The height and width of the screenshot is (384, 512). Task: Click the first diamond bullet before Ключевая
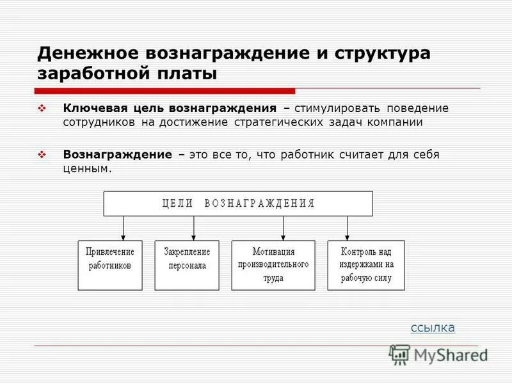[x=43, y=109]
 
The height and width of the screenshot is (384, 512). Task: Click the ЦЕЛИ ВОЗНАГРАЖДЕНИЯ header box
[x=238, y=204]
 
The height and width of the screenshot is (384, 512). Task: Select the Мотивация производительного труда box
[x=273, y=265]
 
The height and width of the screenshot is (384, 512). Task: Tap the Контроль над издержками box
[x=365, y=265]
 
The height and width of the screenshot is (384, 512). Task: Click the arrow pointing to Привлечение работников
[x=123, y=228]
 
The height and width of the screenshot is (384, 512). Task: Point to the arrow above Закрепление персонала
[x=193, y=228]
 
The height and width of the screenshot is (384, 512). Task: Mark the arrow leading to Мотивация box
[x=283, y=228]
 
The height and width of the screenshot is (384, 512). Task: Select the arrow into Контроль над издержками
[x=347, y=228]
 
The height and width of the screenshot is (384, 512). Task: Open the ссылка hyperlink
[x=433, y=328]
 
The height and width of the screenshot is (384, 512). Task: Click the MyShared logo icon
[x=399, y=355]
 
